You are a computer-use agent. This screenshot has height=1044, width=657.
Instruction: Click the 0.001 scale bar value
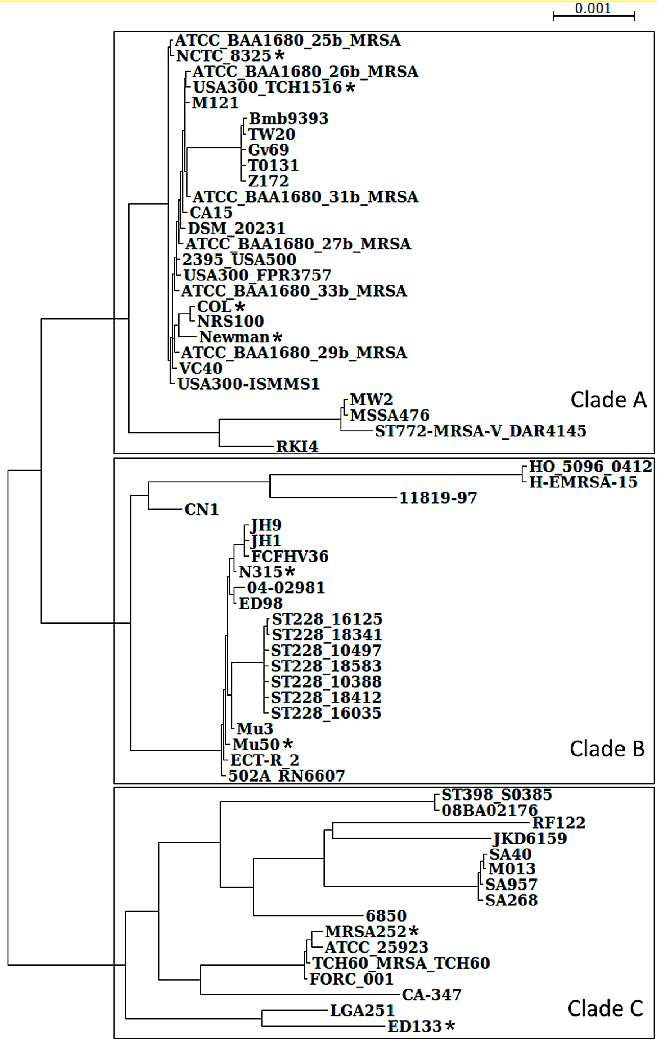pos(593,8)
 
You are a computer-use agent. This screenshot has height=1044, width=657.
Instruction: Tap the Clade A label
pos(608,399)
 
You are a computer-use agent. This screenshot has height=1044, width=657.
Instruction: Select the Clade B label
pos(607,748)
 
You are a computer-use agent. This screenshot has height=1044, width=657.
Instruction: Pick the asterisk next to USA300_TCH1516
pos(350,87)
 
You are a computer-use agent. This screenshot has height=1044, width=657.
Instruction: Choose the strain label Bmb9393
pos(289,118)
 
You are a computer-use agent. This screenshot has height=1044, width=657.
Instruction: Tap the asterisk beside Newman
pos(277,337)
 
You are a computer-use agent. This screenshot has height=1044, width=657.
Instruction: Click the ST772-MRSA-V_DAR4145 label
pos(480,431)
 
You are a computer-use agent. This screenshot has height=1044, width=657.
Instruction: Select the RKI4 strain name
pos(297,446)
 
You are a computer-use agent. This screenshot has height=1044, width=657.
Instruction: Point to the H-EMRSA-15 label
pos(583,482)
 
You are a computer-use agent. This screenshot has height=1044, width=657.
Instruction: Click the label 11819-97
pos(438,498)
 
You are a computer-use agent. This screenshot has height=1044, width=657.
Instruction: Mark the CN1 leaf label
pos(201,509)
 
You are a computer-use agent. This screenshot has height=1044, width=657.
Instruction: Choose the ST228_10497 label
pos(326,650)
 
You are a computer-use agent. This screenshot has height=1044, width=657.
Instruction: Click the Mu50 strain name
pos(256,744)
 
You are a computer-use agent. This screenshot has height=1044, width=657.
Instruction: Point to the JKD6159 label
pos(530,838)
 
